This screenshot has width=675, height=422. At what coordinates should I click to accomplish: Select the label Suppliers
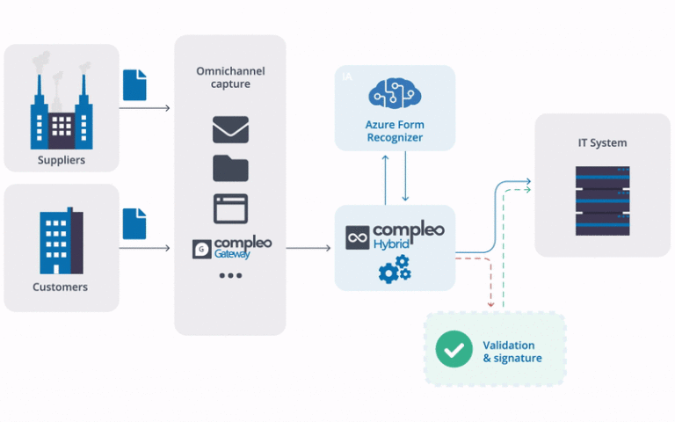pyautogui.click(x=61, y=160)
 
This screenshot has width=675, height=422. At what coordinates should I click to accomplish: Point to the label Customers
pyautogui.click(x=61, y=287)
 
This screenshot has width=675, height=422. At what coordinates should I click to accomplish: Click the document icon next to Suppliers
pyautogui.click(x=134, y=85)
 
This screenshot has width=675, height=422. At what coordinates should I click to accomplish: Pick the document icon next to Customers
pyautogui.click(x=134, y=223)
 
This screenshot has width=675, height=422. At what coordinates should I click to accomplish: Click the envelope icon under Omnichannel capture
pyautogui.click(x=230, y=130)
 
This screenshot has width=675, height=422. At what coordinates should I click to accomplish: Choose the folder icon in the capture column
pyautogui.click(x=230, y=167)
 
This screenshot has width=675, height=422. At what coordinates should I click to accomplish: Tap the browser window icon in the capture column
pyautogui.click(x=230, y=208)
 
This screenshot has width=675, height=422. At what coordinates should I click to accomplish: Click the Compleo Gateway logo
pyautogui.click(x=230, y=247)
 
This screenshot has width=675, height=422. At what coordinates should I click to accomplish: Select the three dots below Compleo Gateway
pyautogui.click(x=230, y=276)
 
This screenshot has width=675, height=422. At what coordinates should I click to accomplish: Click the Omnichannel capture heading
pyautogui.click(x=230, y=78)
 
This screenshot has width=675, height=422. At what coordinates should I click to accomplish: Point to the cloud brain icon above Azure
pyautogui.click(x=395, y=94)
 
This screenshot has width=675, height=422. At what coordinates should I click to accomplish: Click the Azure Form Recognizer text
pyautogui.click(x=395, y=131)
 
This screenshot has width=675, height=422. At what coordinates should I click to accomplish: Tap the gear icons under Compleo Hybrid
pyautogui.click(x=395, y=269)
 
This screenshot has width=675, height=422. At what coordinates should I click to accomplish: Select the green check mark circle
pyautogui.click(x=454, y=351)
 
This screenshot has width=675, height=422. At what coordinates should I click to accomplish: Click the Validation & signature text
pyautogui.click(x=512, y=352)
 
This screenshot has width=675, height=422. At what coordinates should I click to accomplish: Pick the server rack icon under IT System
pyautogui.click(x=602, y=200)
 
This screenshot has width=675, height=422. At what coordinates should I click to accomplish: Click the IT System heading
pyautogui.click(x=602, y=142)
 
